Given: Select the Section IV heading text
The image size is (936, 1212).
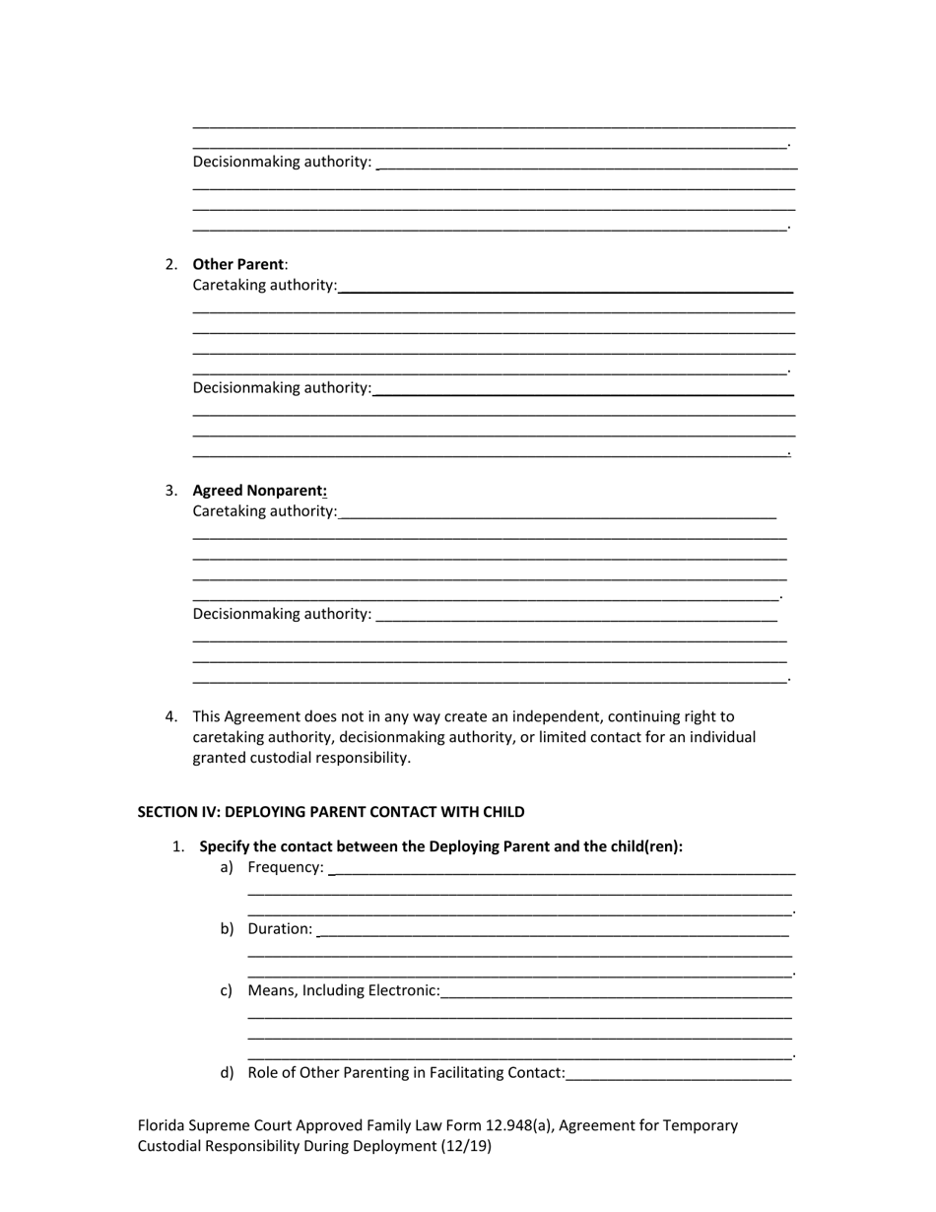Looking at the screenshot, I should pyautogui.click(x=330, y=812).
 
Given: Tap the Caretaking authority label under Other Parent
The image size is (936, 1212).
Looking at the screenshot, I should pyautogui.click(x=264, y=285).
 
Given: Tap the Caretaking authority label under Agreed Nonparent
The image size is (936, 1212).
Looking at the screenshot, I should pyautogui.click(x=264, y=511).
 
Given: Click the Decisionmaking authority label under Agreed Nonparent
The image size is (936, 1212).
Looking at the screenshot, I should pyautogui.click(x=282, y=614).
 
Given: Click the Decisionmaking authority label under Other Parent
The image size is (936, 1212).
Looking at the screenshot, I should pyautogui.click(x=282, y=387).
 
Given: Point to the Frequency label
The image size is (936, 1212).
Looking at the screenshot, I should pyautogui.click(x=285, y=867).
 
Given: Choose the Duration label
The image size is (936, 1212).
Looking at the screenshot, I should pyautogui.click(x=280, y=928).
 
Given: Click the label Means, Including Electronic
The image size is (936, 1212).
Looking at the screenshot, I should pyautogui.click(x=344, y=990).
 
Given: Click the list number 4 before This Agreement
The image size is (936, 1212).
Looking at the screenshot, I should pyautogui.click(x=171, y=716).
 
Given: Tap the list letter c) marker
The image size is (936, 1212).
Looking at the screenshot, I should pyautogui.click(x=227, y=990).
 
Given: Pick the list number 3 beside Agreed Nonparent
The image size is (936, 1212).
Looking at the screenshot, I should pyautogui.click(x=171, y=491).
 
